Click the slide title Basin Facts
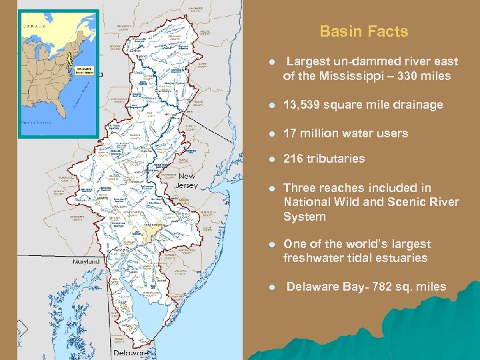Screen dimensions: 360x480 (x=363, y=31)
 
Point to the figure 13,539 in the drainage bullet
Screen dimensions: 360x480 (x=305, y=105)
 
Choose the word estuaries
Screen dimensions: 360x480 (x=397, y=258)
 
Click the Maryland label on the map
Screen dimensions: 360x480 (x=87, y=261)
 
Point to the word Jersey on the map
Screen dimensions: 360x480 (x=187, y=185)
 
